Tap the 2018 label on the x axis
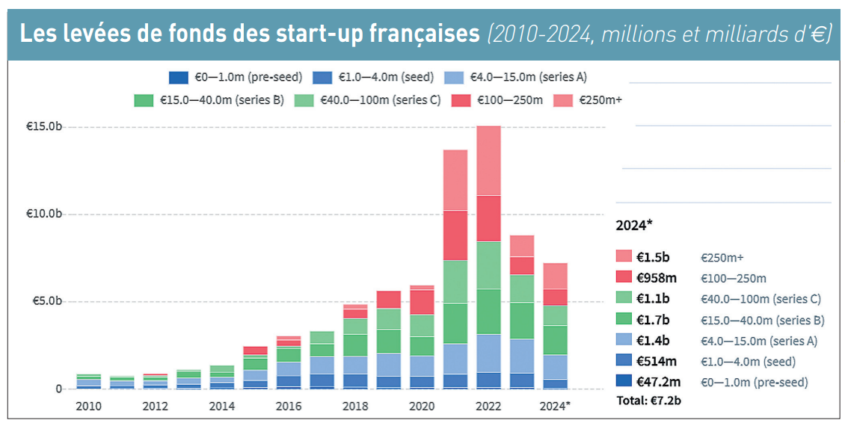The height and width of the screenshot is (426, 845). [355, 406]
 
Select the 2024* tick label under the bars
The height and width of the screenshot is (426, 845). [555, 406]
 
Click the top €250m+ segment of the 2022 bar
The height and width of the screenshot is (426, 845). [488, 160]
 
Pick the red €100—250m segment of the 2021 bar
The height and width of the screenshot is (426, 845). [455, 235]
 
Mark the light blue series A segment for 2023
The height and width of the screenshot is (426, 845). [522, 356]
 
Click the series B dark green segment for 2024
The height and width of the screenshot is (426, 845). [555, 340]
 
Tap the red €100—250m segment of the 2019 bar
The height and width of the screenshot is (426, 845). [389, 300]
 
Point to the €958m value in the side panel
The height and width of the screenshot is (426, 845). [656, 278]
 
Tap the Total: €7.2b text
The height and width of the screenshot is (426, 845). [648, 401]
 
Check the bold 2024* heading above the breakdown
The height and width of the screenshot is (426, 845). [635, 225]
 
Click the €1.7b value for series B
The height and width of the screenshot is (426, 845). [652, 320]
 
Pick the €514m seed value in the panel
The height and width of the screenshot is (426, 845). [656, 362]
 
